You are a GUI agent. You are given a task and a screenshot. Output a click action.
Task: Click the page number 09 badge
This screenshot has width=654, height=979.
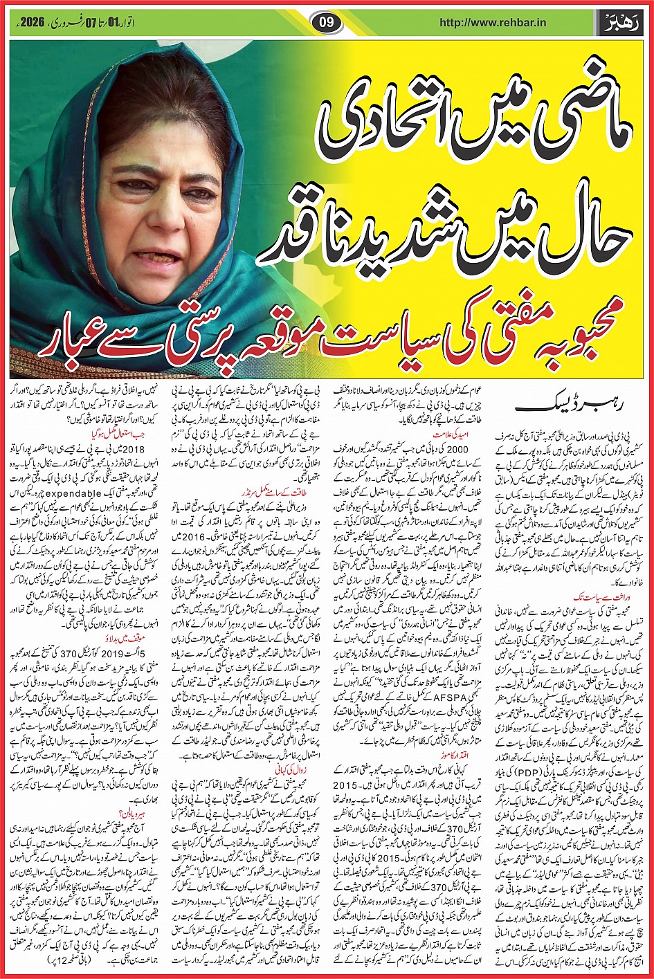click(327, 21)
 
